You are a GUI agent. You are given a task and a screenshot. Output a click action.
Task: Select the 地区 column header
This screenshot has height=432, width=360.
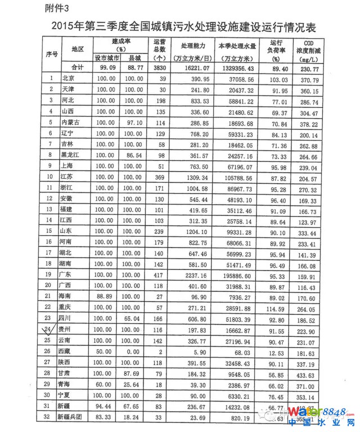(x=78, y=49)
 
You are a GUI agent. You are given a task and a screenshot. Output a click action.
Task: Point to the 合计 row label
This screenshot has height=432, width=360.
(x=78, y=67)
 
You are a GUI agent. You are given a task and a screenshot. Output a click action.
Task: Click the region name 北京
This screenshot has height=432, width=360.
(x=67, y=79)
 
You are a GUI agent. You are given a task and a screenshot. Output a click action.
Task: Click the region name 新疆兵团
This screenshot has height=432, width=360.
(x=75, y=417)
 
